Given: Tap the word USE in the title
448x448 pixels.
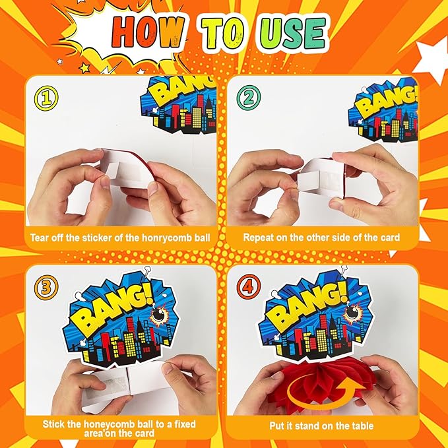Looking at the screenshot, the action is pos(292,34).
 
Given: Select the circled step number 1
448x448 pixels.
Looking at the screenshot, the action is pos(46,98).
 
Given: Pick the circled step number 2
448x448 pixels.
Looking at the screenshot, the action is pos(249,98).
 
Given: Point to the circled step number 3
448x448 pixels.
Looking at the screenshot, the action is pos(46,287).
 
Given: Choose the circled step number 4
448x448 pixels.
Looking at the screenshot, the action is pos(249,286).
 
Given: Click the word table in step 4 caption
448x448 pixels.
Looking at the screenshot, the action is pos(363,426).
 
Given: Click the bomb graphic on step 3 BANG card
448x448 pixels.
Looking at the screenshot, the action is pos(158,315).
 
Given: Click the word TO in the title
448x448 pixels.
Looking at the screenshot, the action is pos(222,34).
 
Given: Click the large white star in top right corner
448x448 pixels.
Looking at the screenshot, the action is pos(432,61).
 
